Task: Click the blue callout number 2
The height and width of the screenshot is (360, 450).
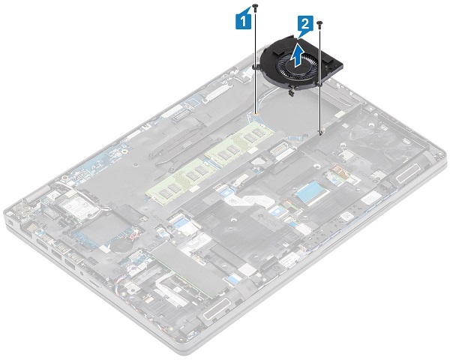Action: point(303,25)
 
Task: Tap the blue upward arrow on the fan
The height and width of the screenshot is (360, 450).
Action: point(298,54)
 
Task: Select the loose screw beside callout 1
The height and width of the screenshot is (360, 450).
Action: point(257,7)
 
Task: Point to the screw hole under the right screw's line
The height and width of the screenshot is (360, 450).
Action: point(320,133)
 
